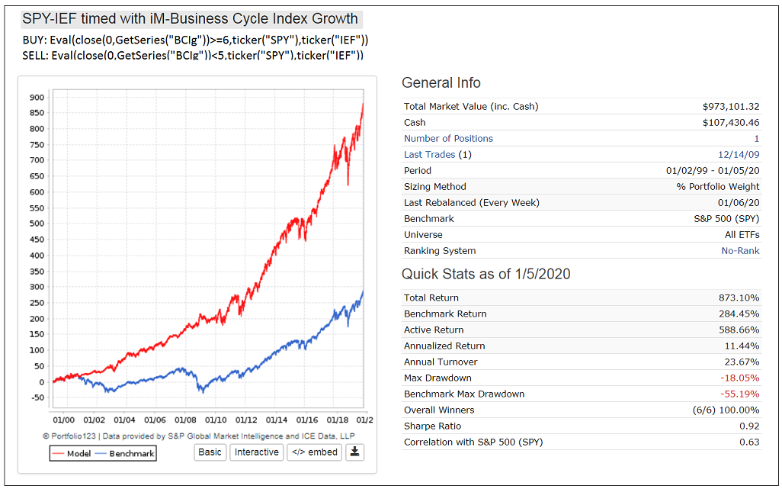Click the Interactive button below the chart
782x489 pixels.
pyautogui.click(x=256, y=452)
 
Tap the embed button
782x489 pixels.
pyautogui.click(x=314, y=452)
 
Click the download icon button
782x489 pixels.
pyautogui.click(x=354, y=452)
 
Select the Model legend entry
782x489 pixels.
pyautogui.click(x=72, y=454)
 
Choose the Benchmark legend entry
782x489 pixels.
pyautogui.click(x=125, y=454)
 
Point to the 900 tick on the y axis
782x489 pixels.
pyautogui.click(x=37, y=98)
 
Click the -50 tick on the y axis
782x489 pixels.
pyautogui.click(x=37, y=397)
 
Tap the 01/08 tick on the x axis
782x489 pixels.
pyautogui.click(x=185, y=420)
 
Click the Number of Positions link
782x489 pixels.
pyautogui.click(x=448, y=139)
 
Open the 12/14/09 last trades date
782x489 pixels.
pyautogui.click(x=739, y=155)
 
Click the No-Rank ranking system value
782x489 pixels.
pyautogui.click(x=740, y=251)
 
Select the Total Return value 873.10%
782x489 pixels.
pyautogui.click(x=739, y=298)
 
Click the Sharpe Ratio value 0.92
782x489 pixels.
pyautogui.click(x=749, y=426)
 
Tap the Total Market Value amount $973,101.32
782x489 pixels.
pyautogui.click(x=731, y=107)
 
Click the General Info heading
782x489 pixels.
pyautogui.click(x=441, y=83)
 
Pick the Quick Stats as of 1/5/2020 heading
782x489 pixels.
pyautogui.click(x=486, y=274)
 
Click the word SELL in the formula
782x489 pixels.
pyautogui.click(x=34, y=56)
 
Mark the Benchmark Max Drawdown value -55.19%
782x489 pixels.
pyautogui.click(x=739, y=394)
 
